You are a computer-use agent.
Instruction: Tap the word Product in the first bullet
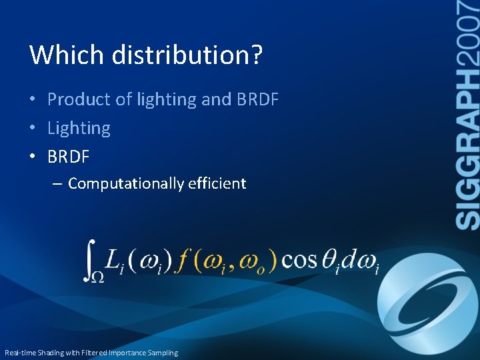(79, 100)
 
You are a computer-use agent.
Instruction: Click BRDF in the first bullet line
(257, 100)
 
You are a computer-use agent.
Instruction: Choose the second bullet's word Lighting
(79, 128)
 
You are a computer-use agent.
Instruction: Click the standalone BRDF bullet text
(68, 157)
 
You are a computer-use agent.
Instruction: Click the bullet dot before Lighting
(33, 129)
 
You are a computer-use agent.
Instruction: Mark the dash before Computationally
(58, 184)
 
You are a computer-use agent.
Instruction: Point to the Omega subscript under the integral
(97, 276)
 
